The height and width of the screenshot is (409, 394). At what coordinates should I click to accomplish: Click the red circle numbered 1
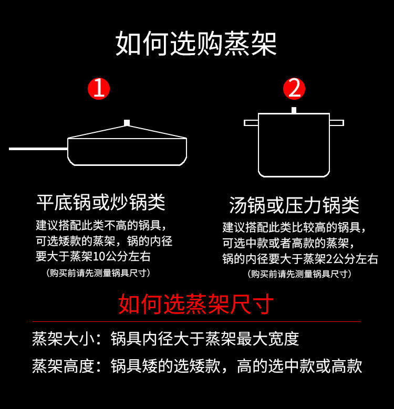[x=99, y=89]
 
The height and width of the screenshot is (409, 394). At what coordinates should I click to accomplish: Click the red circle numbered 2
[x=294, y=89]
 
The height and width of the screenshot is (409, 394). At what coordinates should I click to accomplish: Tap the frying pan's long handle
[x=38, y=149]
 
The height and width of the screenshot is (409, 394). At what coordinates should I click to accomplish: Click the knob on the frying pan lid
[x=127, y=123]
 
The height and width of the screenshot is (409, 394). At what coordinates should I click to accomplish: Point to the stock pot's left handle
[x=251, y=123]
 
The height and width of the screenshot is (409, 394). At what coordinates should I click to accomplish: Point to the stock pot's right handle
[x=337, y=123]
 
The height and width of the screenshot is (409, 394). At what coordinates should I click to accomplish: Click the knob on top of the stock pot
[x=294, y=110]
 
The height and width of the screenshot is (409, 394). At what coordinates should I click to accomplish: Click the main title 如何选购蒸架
[x=196, y=43]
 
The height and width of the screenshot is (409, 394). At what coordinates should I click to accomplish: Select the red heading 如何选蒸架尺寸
[x=196, y=304]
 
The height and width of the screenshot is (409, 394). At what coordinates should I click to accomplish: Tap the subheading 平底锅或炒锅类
[x=101, y=202]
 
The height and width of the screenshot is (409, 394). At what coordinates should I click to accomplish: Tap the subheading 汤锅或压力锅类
[x=294, y=205]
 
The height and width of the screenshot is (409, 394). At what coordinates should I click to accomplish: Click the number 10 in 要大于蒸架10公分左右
[x=99, y=257]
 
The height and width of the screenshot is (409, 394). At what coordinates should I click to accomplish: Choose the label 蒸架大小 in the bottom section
[x=63, y=339]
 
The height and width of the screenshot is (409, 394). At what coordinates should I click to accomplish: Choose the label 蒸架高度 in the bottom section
[x=63, y=366]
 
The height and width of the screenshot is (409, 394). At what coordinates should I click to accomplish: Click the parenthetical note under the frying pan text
[x=98, y=273]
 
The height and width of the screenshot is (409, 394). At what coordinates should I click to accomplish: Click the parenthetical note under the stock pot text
[x=299, y=274]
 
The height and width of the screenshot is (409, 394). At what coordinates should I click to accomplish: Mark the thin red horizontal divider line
[x=197, y=322]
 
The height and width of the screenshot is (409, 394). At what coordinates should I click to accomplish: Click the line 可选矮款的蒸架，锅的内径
[x=104, y=242]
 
